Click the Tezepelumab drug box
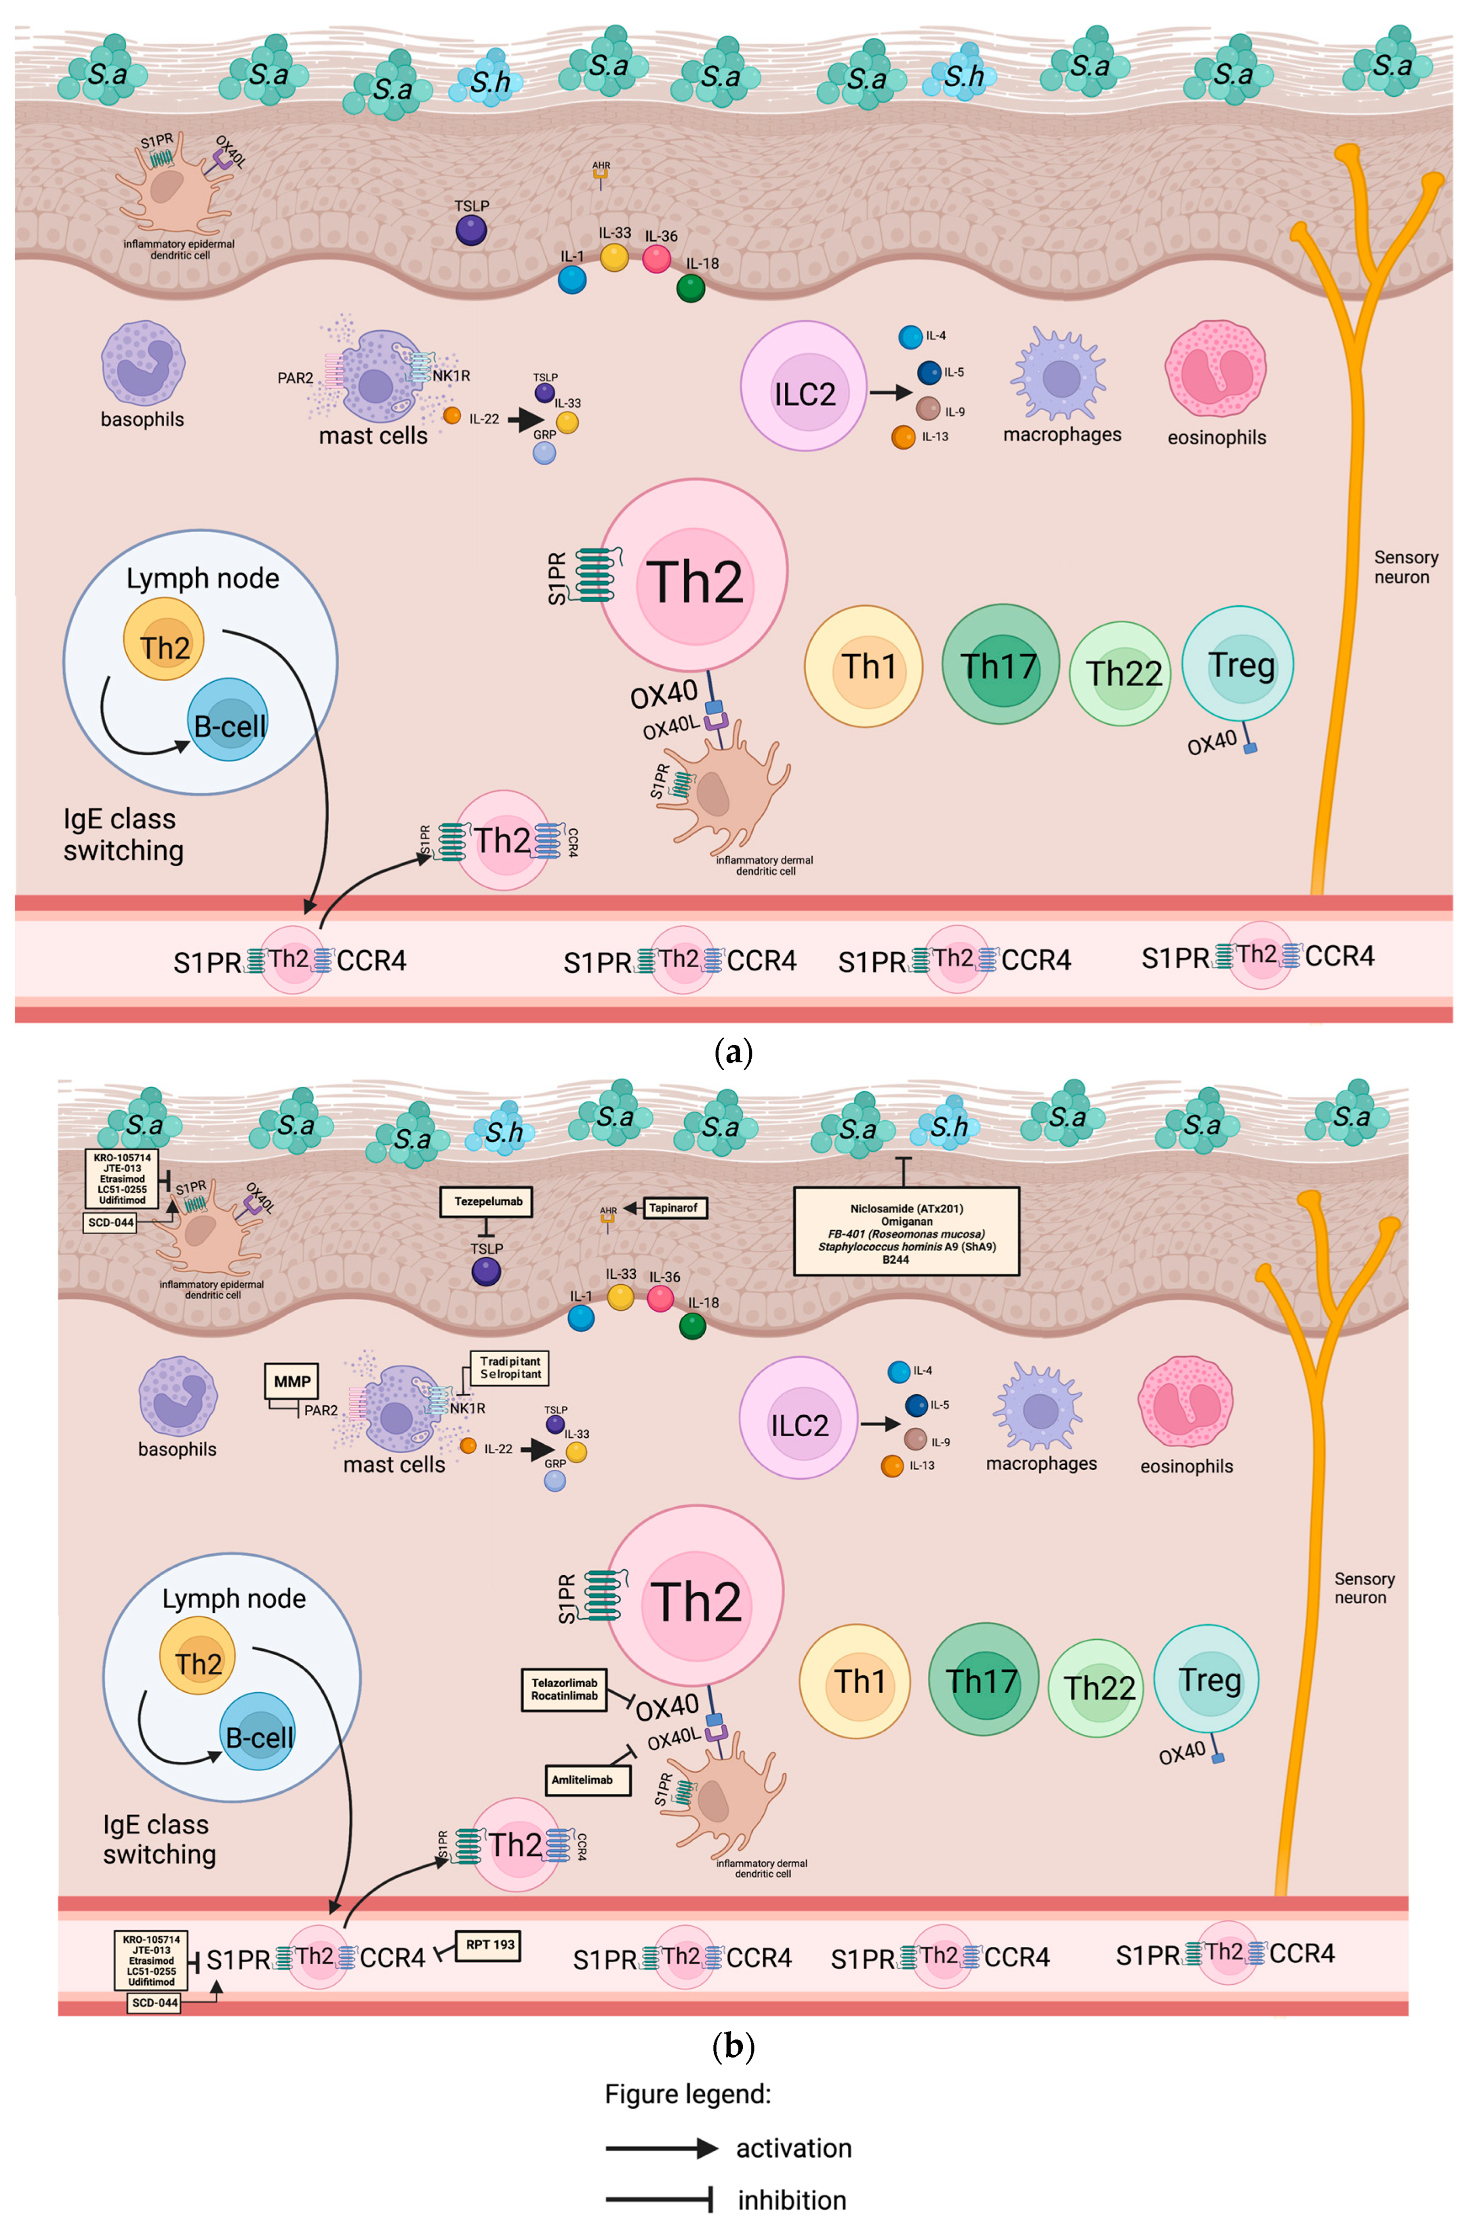(x=488, y=1202)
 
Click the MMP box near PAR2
(x=292, y=1381)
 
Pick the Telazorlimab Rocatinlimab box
(x=564, y=1689)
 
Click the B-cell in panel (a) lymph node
(x=229, y=723)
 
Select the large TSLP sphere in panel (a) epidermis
(x=471, y=230)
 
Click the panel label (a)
(x=733, y=1052)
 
